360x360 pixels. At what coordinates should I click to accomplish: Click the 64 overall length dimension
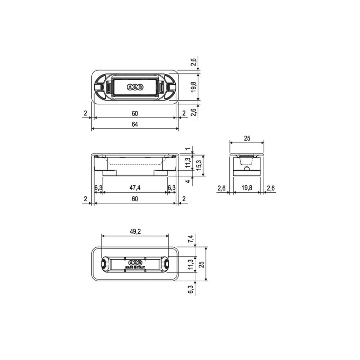(x=135, y=124)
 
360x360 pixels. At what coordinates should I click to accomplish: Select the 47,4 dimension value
(x=135, y=188)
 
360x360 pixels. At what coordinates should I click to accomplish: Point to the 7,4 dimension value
(x=191, y=239)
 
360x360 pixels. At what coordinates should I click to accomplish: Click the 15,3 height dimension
(x=198, y=165)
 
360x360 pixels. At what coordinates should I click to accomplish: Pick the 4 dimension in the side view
(x=188, y=181)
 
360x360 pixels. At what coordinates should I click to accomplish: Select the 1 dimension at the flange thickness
(x=187, y=149)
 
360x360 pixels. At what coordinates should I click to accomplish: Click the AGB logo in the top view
(x=135, y=87)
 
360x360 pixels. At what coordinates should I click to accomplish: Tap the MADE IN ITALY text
(x=135, y=267)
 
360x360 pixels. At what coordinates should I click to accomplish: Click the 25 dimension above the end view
(x=247, y=138)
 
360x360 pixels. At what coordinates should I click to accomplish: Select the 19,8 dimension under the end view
(x=247, y=188)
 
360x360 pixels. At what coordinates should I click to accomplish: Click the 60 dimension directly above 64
(x=135, y=113)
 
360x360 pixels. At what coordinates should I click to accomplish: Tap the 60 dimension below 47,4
(x=135, y=199)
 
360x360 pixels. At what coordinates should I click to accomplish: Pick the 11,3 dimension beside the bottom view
(x=191, y=264)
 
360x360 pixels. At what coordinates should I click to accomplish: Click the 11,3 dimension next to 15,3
(x=188, y=163)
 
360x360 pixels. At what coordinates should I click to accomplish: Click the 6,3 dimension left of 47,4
(x=98, y=188)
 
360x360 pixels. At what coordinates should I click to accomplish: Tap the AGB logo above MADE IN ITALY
(x=135, y=262)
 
